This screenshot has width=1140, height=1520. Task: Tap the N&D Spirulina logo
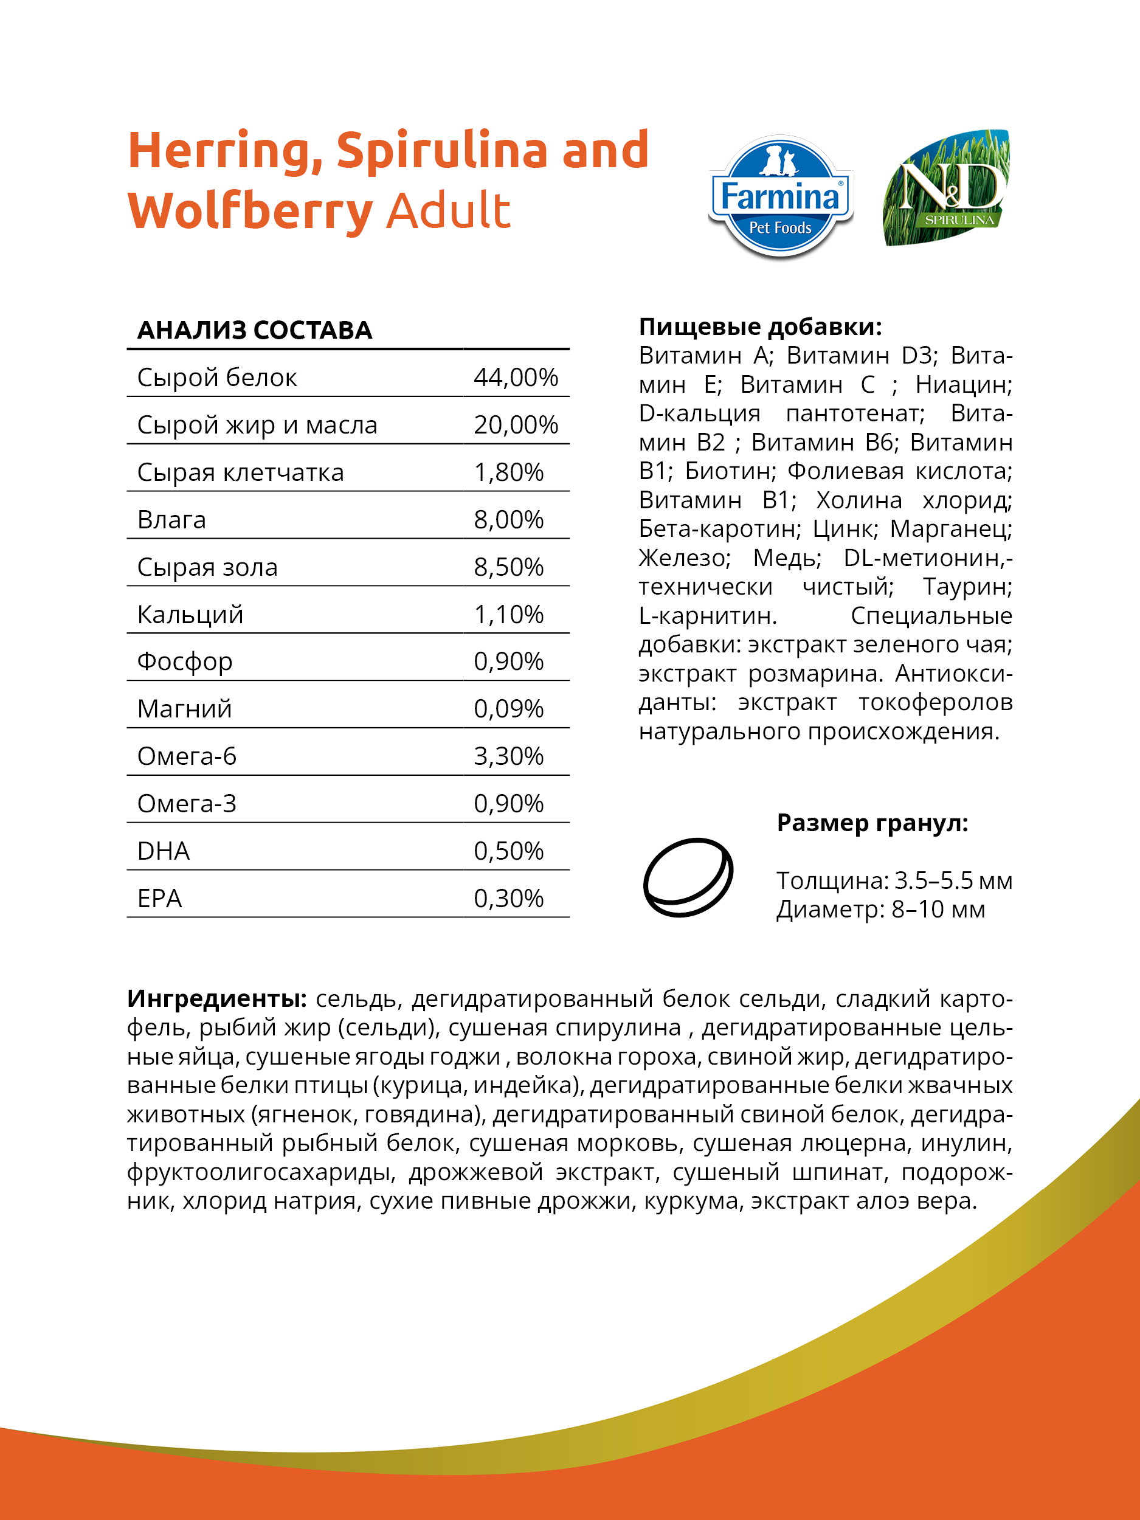click(947, 188)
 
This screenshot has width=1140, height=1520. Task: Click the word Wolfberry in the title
click(250, 211)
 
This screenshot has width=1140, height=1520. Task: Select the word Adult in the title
click(448, 211)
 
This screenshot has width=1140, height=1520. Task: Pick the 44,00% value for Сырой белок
click(516, 377)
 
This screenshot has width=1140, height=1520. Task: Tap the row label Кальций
click(190, 614)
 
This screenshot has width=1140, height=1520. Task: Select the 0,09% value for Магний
click(508, 708)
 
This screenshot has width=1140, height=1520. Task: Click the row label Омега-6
click(187, 756)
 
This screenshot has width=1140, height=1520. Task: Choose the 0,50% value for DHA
click(508, 851)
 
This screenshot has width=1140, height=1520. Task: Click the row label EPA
click(159, 898)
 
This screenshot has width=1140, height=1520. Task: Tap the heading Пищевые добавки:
click(760, 326)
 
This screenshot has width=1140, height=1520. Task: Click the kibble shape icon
click(688, 877)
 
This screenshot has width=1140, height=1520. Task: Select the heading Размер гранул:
click(872, 823)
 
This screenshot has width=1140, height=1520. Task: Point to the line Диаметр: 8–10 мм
click(880, 909)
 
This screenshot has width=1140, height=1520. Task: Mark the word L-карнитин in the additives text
click(707, 616)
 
